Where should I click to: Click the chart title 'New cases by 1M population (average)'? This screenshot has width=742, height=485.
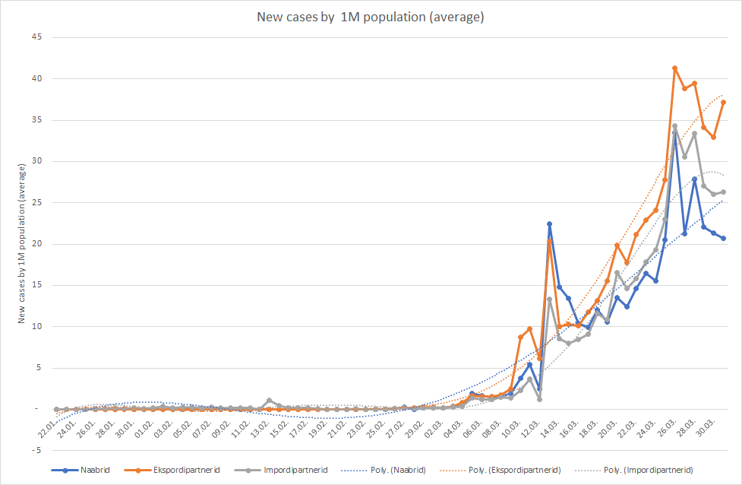(370, 17)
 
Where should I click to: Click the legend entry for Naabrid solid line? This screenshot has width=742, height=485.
(90, 471)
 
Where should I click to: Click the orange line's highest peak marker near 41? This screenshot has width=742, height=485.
(675, 68)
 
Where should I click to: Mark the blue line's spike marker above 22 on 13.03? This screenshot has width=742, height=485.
(549, 224)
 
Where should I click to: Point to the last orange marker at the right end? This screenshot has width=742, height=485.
(723, 103)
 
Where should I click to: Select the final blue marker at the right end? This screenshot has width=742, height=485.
(723, 239)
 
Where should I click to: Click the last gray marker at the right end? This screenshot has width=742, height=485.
(723, 192)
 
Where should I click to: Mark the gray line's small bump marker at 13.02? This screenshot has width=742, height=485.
(270, 401)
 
